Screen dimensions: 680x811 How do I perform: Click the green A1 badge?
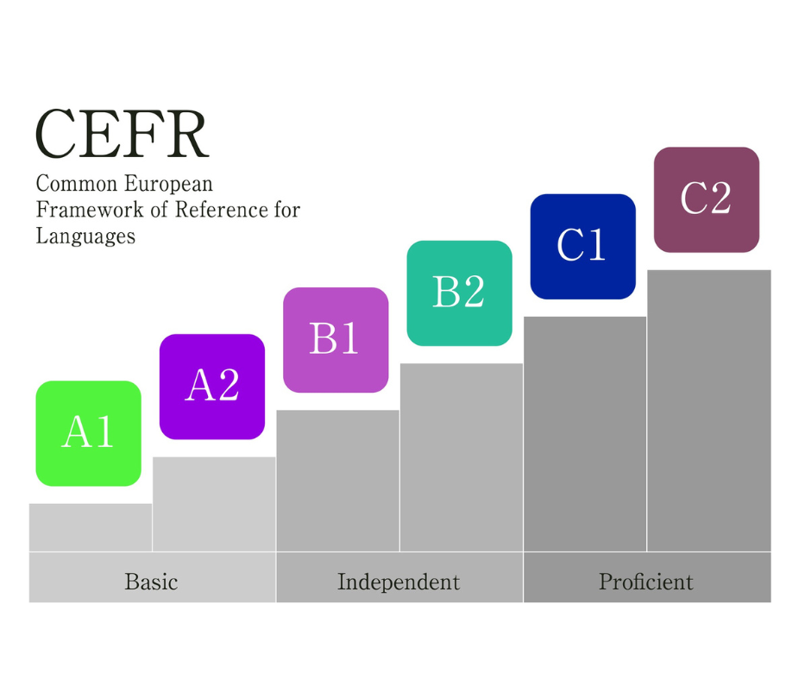click(88, 432)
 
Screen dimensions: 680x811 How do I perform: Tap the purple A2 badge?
click(212, 386)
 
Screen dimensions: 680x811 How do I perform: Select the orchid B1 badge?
click(336, 339)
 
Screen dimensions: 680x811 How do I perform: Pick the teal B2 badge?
click(459, 293)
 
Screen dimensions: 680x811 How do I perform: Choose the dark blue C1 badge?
click(582, 246)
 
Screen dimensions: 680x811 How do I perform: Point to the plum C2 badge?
click(706, 199)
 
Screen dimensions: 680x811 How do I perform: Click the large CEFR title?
click(122, 135)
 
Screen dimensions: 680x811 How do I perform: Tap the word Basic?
click(151, 582)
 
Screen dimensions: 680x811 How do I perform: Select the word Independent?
click(399, 582)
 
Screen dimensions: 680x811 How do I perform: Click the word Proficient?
click(646, 582)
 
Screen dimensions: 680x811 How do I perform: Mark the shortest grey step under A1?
click(91, 527)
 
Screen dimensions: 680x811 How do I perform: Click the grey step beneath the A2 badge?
click(214, 504)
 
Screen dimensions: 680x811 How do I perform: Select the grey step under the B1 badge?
click(337, 481)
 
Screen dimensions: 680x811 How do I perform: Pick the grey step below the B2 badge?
click(461, 457)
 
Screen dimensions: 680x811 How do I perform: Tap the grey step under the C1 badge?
click(585, 434)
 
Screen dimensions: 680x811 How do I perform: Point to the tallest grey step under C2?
click(708, 411)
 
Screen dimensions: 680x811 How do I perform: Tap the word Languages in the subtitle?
click(85, 236)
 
